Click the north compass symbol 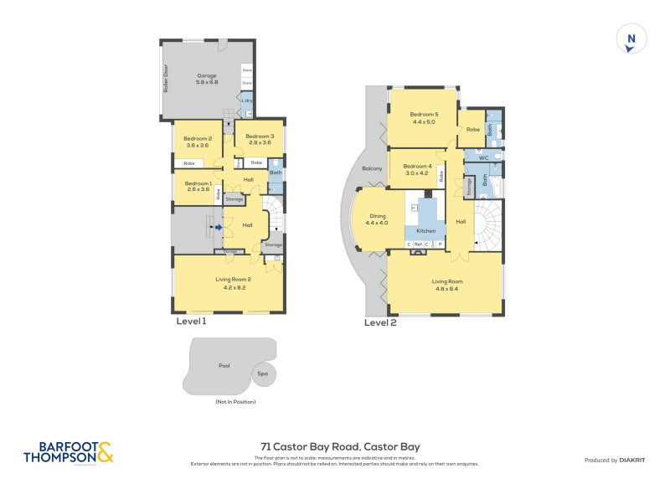[x=631, y=39]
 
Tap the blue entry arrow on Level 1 [x=218, y=226]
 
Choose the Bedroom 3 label [x=260, y=136]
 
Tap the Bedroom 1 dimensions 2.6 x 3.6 [x=198, y=189]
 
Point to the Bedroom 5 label [x=424, y=115]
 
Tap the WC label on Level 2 [x=483, y=157]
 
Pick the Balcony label [x=372, y=168]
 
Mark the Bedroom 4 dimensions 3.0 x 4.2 [x=418, y=172]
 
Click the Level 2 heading [x=380, y=322]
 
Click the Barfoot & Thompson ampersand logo [x=105, y=452]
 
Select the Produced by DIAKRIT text [x=614, y=460]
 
